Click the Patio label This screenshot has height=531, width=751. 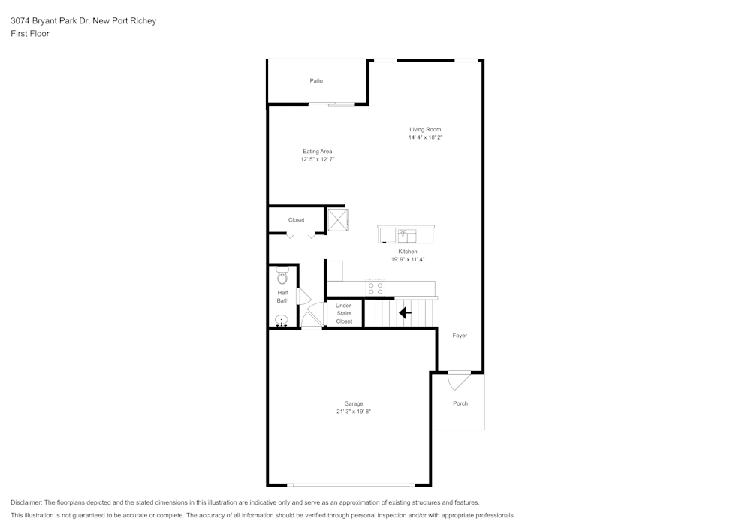tap(316, 81)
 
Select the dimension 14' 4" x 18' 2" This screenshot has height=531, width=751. tap(425, 138)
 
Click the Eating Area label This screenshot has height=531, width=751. tap(317, 152)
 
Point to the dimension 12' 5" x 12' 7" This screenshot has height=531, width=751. tap(317, 160)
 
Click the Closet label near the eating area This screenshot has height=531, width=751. tap(296, 220)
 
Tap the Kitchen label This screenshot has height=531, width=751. tap(408, 252)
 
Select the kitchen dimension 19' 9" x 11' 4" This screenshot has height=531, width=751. tap(408, 260)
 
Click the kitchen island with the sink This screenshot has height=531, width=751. tap(406, 234)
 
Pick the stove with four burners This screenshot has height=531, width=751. tap(375, 288)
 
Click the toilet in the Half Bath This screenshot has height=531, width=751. tap(282, 275)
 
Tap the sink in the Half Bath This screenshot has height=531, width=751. tap(282, 321)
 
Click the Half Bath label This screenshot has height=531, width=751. tap(282, 297)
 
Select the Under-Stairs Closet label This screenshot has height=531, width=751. tap(344, 313)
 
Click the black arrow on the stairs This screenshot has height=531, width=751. tap(405, 313)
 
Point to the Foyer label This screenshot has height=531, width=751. tap(460, 336)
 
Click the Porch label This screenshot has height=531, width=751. tap(460, 403)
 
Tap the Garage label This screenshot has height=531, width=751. tap(354, 403)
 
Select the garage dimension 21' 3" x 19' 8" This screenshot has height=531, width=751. tap(354, 412)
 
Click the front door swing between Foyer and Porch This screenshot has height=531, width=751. tap(457, 381)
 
